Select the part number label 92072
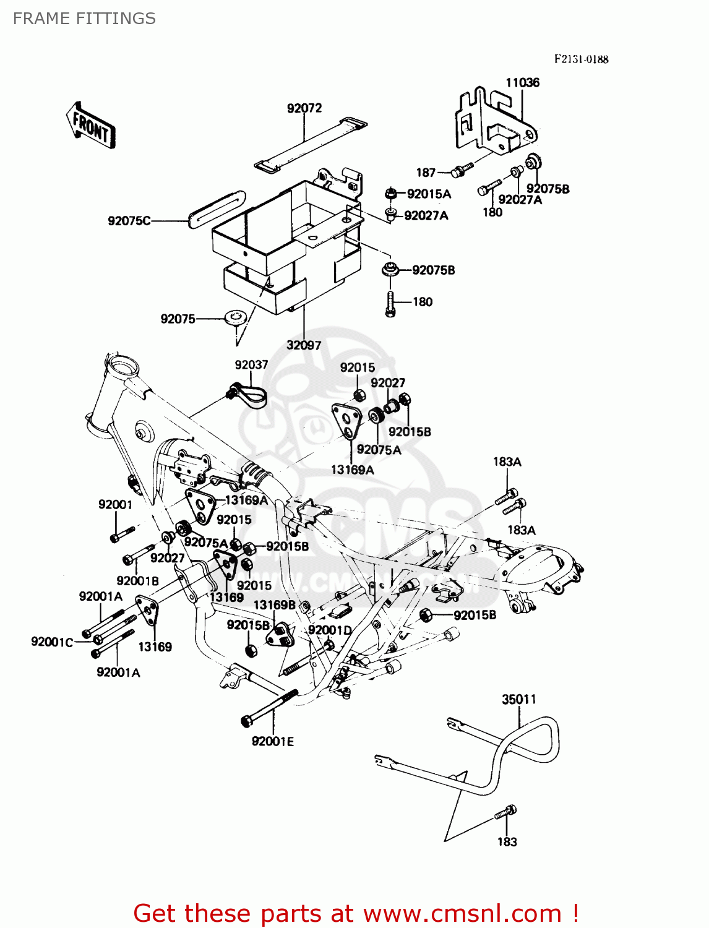pyautogui.click(x=304, y=108)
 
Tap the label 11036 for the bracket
pyautogui.click(x=522, y=83)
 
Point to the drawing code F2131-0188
pyautogui.click(x=581, y=59)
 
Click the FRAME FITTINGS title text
pyautogui.click(x=84, y=19)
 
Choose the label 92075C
pyautogui.click(x=129, y=221)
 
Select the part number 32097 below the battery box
pyautogui.click(x=304, y=345)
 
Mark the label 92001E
pyautogui.click(x=273, y=741)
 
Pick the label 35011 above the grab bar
pyautogui.click(x=518, y=699)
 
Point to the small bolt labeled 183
pyautogui.click(x=505, y=812)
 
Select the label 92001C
pyautogui.click(x=52, y=642)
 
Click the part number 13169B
pyautogui.click(x=275, y=604)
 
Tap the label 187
pyautogui.click(x=426, y=173)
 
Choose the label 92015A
pyautogui.click(x=429, y=194)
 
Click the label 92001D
pyautogui.click(x=330, y=630)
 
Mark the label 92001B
pyautogui.click(x=137, y=580)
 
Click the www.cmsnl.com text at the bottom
pyautogui.click(x=462, y=913)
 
